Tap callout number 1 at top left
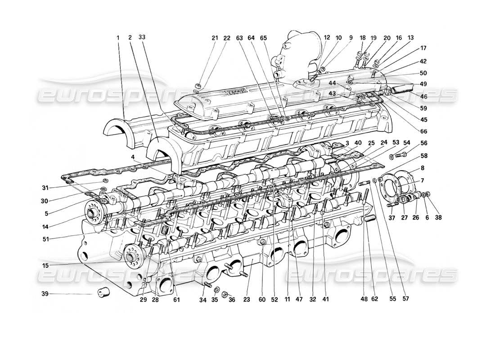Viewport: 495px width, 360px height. (x=118, y=38)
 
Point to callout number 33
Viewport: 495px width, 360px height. (x=143, y=38)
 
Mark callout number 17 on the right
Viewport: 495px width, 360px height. (x=423, y=48)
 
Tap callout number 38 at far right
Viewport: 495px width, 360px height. (x=438, y=218)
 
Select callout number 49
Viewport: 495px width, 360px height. (x=423, y=84)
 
